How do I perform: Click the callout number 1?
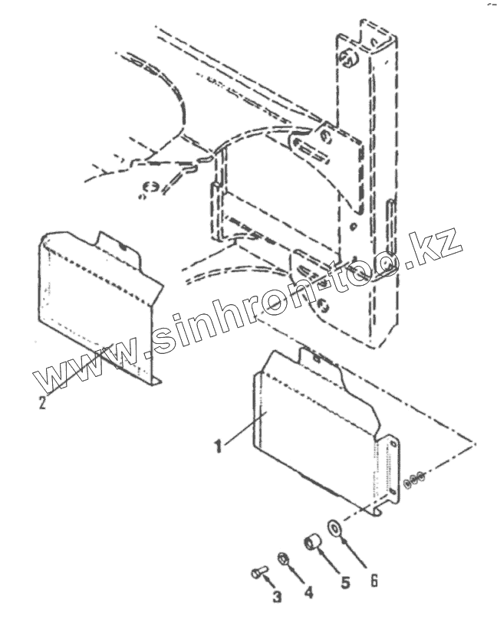click(219, 444)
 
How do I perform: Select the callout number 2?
click(43, 400)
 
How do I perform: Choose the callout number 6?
click(374, 579)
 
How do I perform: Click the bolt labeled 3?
click(257, 571)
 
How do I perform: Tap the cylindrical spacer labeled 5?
click(312, 543)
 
